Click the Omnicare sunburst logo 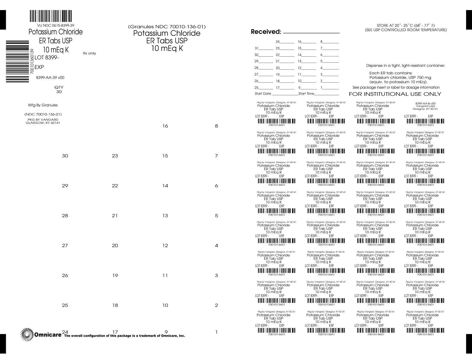point(27,334)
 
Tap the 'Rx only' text point(89,53)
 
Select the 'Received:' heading point(266,32)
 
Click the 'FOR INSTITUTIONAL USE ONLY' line point(395,94)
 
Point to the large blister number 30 point(65,156)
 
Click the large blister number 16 point(165,126)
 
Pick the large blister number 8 point(216,126)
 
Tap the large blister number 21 point(115,216)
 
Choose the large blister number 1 point(216,332)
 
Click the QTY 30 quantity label point(59,90)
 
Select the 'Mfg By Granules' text point(43,105)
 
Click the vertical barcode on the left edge point(17,61)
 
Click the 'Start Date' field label point(263,94)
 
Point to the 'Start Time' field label point(306,94)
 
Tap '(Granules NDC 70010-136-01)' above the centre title point(167,27)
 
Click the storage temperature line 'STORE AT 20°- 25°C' point(406,25)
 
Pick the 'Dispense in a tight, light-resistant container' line point(406,66)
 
